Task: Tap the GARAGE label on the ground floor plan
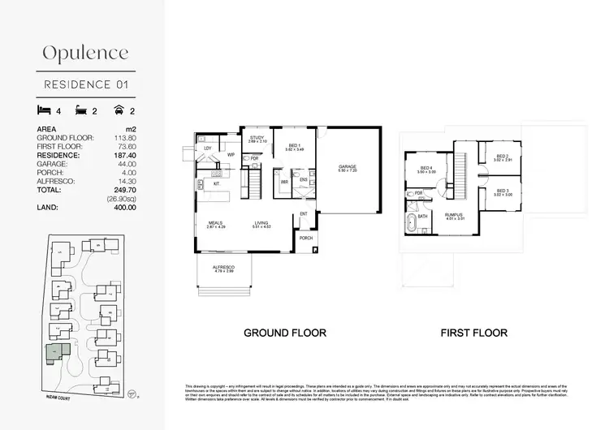tap(348, 167)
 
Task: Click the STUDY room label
tap(257, 138)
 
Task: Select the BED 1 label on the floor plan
tap(295, 146)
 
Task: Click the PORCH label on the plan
tap(305, 238)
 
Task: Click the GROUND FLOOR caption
tap(285, 333)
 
